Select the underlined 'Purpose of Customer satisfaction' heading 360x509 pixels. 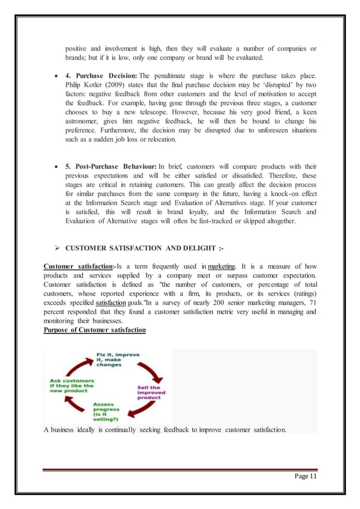(94, 330)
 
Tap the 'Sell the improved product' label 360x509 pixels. (149, 392)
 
